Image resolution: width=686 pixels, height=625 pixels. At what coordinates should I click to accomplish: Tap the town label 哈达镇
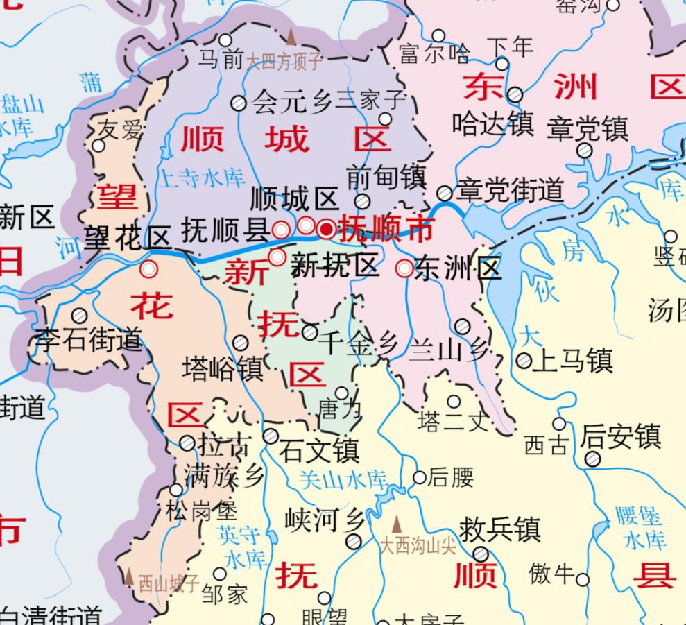coord(493,124)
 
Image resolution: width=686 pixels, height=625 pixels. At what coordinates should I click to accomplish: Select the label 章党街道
coord(510,191)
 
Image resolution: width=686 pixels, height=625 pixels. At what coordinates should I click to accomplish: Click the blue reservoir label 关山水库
coord(343,479)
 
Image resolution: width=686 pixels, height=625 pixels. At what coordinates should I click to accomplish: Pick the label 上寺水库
coord(202,179)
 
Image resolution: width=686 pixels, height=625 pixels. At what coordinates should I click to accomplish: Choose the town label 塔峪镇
coord(223,368)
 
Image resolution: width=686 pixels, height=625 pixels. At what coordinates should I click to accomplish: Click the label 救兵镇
coord(500,529)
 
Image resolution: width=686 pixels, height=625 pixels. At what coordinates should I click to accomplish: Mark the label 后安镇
coord(620,437)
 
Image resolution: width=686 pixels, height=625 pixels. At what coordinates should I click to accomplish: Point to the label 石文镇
coord(319,450)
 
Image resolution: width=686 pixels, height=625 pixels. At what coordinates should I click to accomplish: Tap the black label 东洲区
coord(458,268)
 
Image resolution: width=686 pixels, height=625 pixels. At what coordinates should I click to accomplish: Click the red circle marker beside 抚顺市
coord(326,228)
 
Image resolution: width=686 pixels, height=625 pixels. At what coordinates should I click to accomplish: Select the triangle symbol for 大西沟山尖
coord(397,524)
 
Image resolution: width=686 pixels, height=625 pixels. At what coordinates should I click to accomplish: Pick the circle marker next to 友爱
coord(98,146)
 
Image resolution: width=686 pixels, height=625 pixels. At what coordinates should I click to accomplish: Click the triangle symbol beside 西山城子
coord(129,576)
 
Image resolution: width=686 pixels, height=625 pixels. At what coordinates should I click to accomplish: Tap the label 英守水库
coord(240,546)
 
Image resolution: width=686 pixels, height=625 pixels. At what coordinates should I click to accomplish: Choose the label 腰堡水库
coord(641,527)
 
